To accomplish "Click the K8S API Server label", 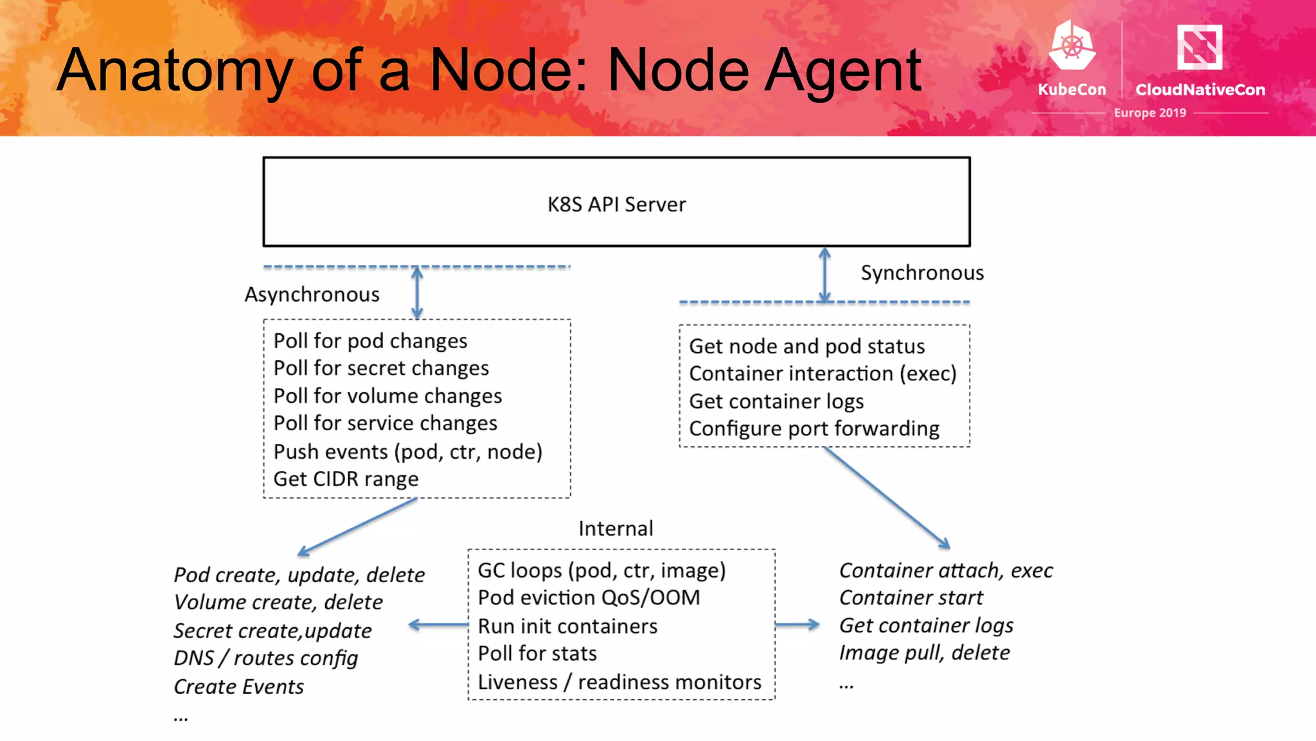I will click(x=616, y=205).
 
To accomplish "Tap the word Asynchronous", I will click(x=312, y=295).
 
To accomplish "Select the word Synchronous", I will click(x=921, y=273).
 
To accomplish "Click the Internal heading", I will click(x=616, y=528).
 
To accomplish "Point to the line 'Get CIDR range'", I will click(x=346, y=479).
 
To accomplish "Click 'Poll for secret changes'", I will click(x=381, y=368).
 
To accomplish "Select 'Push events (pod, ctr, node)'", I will click(x=407, y=452).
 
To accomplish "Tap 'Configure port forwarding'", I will click(x=814, y=428).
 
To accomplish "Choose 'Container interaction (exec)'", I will click(x=822, y=373).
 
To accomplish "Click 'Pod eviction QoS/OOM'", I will click(x=589, y=598).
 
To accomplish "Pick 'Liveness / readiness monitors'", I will click(x=619, y=682).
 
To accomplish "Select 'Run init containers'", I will click(x=567, y=626).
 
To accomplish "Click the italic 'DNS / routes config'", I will click(x=265, y=658).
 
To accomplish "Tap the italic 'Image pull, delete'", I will click(x=924, y=653).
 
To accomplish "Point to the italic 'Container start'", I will click(x=911, y=598).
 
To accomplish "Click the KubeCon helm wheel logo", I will click(x=1072, y=46).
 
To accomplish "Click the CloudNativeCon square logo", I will click(x=1199, y=46).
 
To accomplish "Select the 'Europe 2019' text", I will click(x=1150, y=113).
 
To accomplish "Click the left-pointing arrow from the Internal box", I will click(x=438, y=625).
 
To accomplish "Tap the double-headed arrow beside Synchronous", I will click(x=825, y=275).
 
